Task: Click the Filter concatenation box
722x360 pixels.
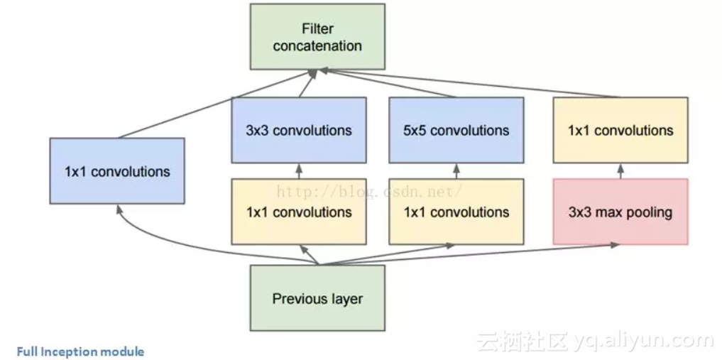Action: point(317,36)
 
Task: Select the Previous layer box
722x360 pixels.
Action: point(317,298)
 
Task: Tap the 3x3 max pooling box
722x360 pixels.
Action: point(620,212)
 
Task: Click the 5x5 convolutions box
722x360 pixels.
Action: point(456,130)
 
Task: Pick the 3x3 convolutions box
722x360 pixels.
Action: point(299,130)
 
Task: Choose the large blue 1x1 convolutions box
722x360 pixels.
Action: point(117,171)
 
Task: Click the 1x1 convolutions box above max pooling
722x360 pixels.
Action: point(620,130)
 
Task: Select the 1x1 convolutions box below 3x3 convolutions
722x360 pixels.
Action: point(299,212)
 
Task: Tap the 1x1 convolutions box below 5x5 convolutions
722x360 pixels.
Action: point(456,212)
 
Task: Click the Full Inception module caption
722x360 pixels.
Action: point(80,351)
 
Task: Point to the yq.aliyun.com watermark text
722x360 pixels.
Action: point(643,341)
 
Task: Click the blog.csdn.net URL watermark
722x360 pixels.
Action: point(369,190)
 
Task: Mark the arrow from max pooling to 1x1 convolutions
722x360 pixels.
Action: point(620,171)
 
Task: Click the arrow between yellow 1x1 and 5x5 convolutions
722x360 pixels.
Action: point(456,171)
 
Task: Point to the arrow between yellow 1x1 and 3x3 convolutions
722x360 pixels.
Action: point(299,171)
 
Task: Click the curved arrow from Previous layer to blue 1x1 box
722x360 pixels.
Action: point(163,245)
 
